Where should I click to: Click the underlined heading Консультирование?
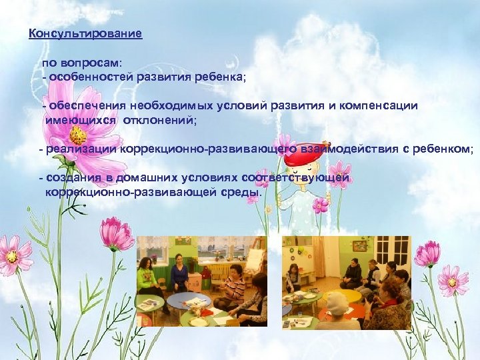[x=85, y=34]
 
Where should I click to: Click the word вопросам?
[x=90, y=63]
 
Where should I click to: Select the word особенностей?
[x=91, y=77]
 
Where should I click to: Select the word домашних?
[x=142, y=179]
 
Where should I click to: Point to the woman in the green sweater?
[x=146, y=277]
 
